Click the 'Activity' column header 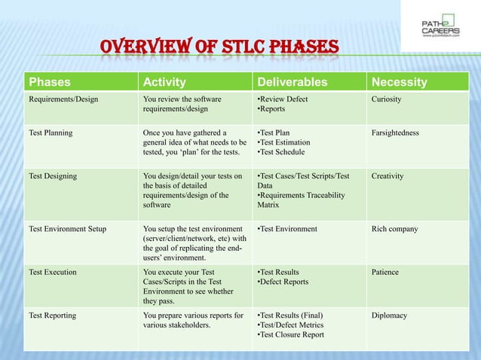coord(164,82)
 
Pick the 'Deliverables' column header coord(293,82)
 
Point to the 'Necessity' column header coord(399,82)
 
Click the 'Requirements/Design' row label coord(63,99)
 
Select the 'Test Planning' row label coord(51,133)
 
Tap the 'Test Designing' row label coord(53,176)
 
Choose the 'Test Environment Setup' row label coord(68,229)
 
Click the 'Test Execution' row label coord(52,272)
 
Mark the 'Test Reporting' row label coord(52,316)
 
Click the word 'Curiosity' coord(387,99)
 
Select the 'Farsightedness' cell coord(395,133)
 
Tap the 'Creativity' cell coord(388,176)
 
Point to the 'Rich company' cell coord(394,229)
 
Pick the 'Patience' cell coord(385,272)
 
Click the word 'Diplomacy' coord(389,316)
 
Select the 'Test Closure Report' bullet coord(292,335)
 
